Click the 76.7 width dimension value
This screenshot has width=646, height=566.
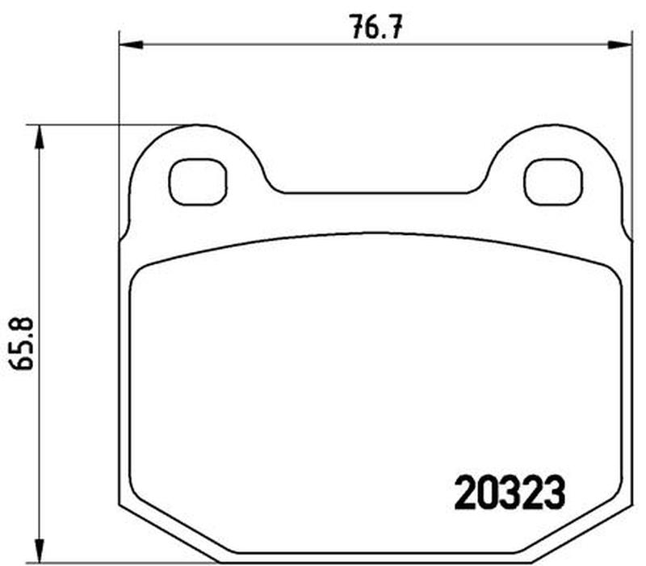tap(376, 27)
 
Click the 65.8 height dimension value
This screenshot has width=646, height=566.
tap(21, 344)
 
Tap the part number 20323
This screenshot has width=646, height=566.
tap(510, 493)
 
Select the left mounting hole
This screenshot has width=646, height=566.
tap(198, 182)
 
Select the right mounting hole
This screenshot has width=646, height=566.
tap(553, 182)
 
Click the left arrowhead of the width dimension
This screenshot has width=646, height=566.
tap(131, 45)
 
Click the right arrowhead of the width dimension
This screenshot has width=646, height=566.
tap(619, 45)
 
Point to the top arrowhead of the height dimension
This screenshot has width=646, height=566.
tap(39, 137)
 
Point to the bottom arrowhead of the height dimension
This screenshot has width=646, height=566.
tap(39, 550)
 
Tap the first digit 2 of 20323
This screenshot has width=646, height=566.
tap(465, 493)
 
